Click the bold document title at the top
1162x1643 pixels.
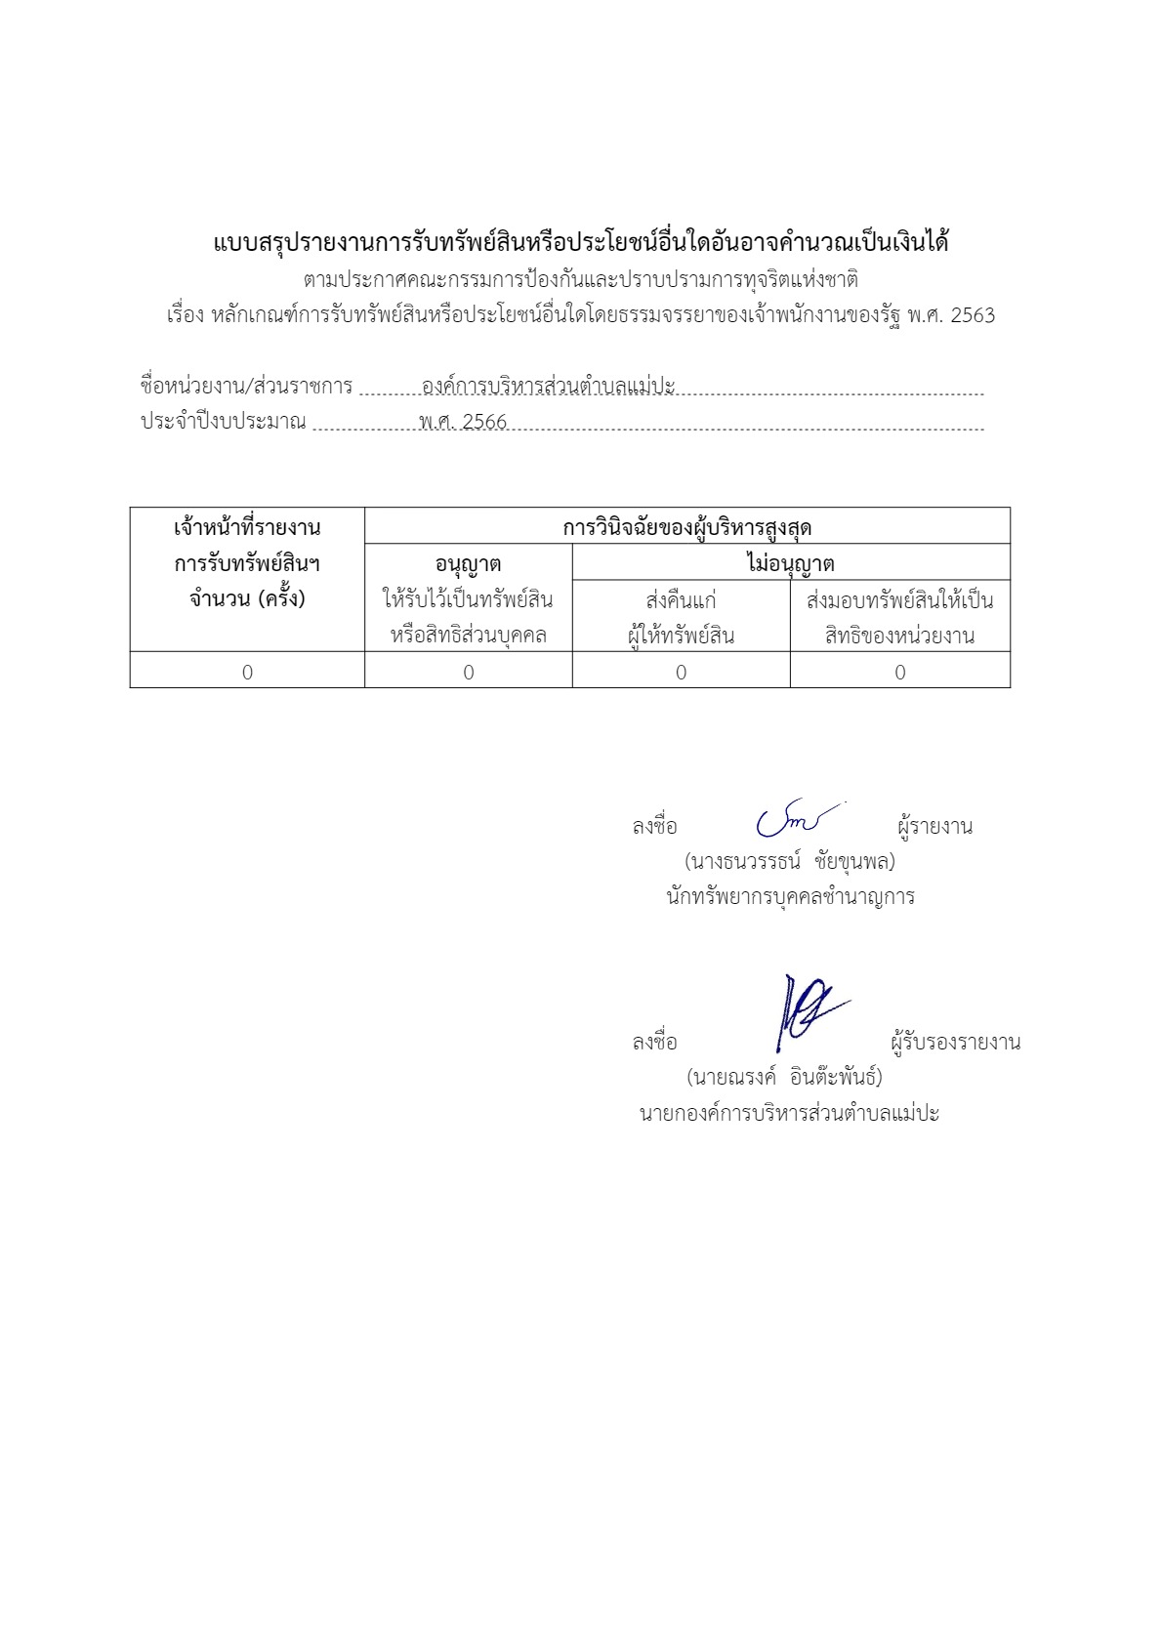(x=581, y=242)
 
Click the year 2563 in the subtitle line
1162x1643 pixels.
(x=973, y=315)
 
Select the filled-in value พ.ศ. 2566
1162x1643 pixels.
(x=463, y=422)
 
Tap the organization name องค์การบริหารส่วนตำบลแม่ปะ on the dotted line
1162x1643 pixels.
(x=548, y=387)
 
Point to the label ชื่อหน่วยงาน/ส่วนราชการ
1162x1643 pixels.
(x=246, y=386)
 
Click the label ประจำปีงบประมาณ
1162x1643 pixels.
(x=224, y=422)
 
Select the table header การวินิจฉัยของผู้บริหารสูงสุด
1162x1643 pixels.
(x=686, y=528)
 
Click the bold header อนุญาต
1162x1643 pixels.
(x=468, y=564)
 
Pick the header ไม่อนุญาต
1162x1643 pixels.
(x=790, y=564)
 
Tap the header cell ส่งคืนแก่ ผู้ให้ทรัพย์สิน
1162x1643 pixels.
(x=681, y=617)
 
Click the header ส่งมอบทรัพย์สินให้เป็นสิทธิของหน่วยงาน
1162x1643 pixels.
(x=899, y=617)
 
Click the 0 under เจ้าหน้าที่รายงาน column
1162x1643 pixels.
(x=247, y=672)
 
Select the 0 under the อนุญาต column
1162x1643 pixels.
(x=469, y=672)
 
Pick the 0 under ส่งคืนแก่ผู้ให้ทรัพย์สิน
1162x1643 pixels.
(x=681, y=672)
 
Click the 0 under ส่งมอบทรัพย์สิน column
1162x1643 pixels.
(x=900, y=672)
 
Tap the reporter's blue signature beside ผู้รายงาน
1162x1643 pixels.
(x=796, y=820)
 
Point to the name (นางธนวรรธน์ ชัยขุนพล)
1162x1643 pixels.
(x=790, y=861)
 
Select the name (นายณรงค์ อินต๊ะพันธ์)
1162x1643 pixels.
(x=784, y=1077)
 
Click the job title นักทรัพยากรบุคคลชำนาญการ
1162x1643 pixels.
(x=790, y=896)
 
